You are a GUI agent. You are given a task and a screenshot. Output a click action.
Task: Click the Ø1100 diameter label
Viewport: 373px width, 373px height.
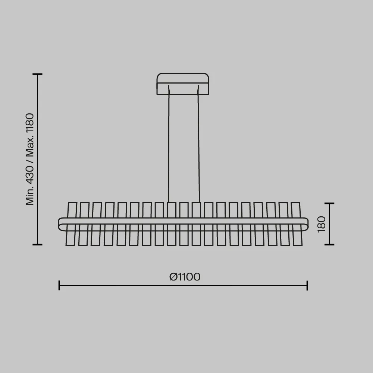pyautogui.click(x=185, y=277)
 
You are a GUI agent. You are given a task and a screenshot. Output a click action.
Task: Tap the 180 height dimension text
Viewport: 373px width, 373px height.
pyautogui.click(x=322, y=224)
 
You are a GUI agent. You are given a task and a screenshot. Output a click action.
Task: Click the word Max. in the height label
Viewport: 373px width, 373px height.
pyautogui.click(x=30, y=150)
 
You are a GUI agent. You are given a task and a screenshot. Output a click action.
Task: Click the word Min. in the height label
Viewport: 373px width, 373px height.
pyautogui.click(x=30, y=196)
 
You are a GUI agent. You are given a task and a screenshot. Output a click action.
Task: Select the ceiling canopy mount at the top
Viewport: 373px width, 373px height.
pyautogui.click(x=183, y=84)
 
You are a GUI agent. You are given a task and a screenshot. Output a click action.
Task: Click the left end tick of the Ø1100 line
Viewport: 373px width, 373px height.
pyautogui.click(x=59, y=285)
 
